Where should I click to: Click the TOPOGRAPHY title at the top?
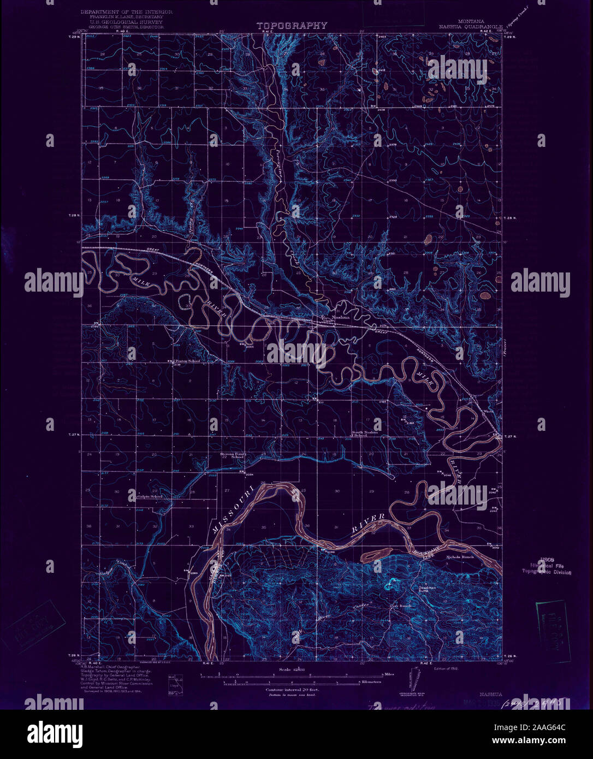pos(292,25)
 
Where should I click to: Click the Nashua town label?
pos(341,317)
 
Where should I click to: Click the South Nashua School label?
pos(364,434)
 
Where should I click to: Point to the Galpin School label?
pos(150,496)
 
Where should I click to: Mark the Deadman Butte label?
pos(427,589)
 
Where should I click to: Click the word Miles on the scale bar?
pos(389,674)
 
